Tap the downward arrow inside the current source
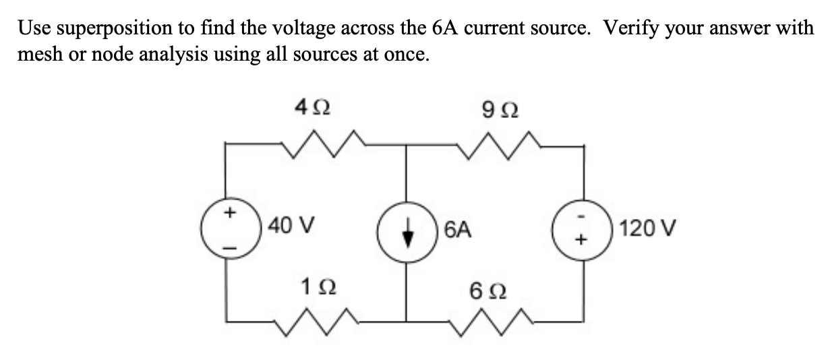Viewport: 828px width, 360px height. tap(406, 230)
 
